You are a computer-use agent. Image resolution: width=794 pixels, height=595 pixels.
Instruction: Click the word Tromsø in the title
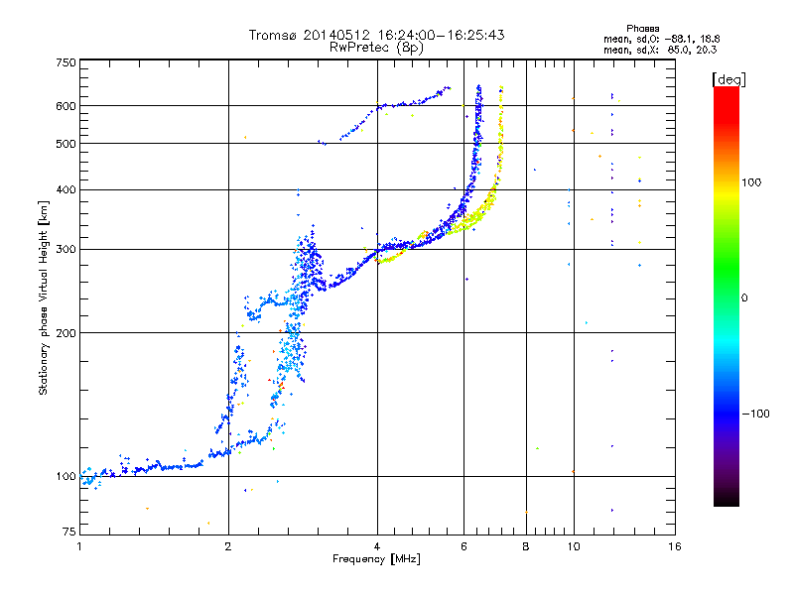point(273,35)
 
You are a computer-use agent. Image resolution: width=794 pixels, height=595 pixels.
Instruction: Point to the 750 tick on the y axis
point(66,62)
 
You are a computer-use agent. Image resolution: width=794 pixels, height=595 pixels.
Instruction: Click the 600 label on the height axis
point(66,105)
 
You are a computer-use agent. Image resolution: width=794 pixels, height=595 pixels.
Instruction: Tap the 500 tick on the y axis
point(66,143)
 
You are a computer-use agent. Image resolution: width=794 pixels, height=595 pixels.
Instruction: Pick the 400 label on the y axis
point(66,189)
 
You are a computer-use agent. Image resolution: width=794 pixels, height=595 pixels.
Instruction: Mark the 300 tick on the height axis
point(66,249)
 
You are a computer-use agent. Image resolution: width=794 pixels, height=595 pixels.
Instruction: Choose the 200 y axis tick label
point(66,332)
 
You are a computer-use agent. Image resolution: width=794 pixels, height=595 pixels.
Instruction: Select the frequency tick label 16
point(674,546)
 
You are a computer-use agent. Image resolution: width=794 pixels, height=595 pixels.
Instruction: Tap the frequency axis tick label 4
point(377,546)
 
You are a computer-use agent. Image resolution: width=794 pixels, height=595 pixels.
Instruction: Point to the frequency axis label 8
point(526,546)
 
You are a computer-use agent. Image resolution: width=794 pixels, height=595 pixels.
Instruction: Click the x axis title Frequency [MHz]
point(376,560)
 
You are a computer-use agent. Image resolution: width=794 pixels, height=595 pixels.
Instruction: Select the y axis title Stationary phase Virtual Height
point(44,298)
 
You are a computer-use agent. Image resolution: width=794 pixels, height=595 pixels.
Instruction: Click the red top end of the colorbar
point(726,92)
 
